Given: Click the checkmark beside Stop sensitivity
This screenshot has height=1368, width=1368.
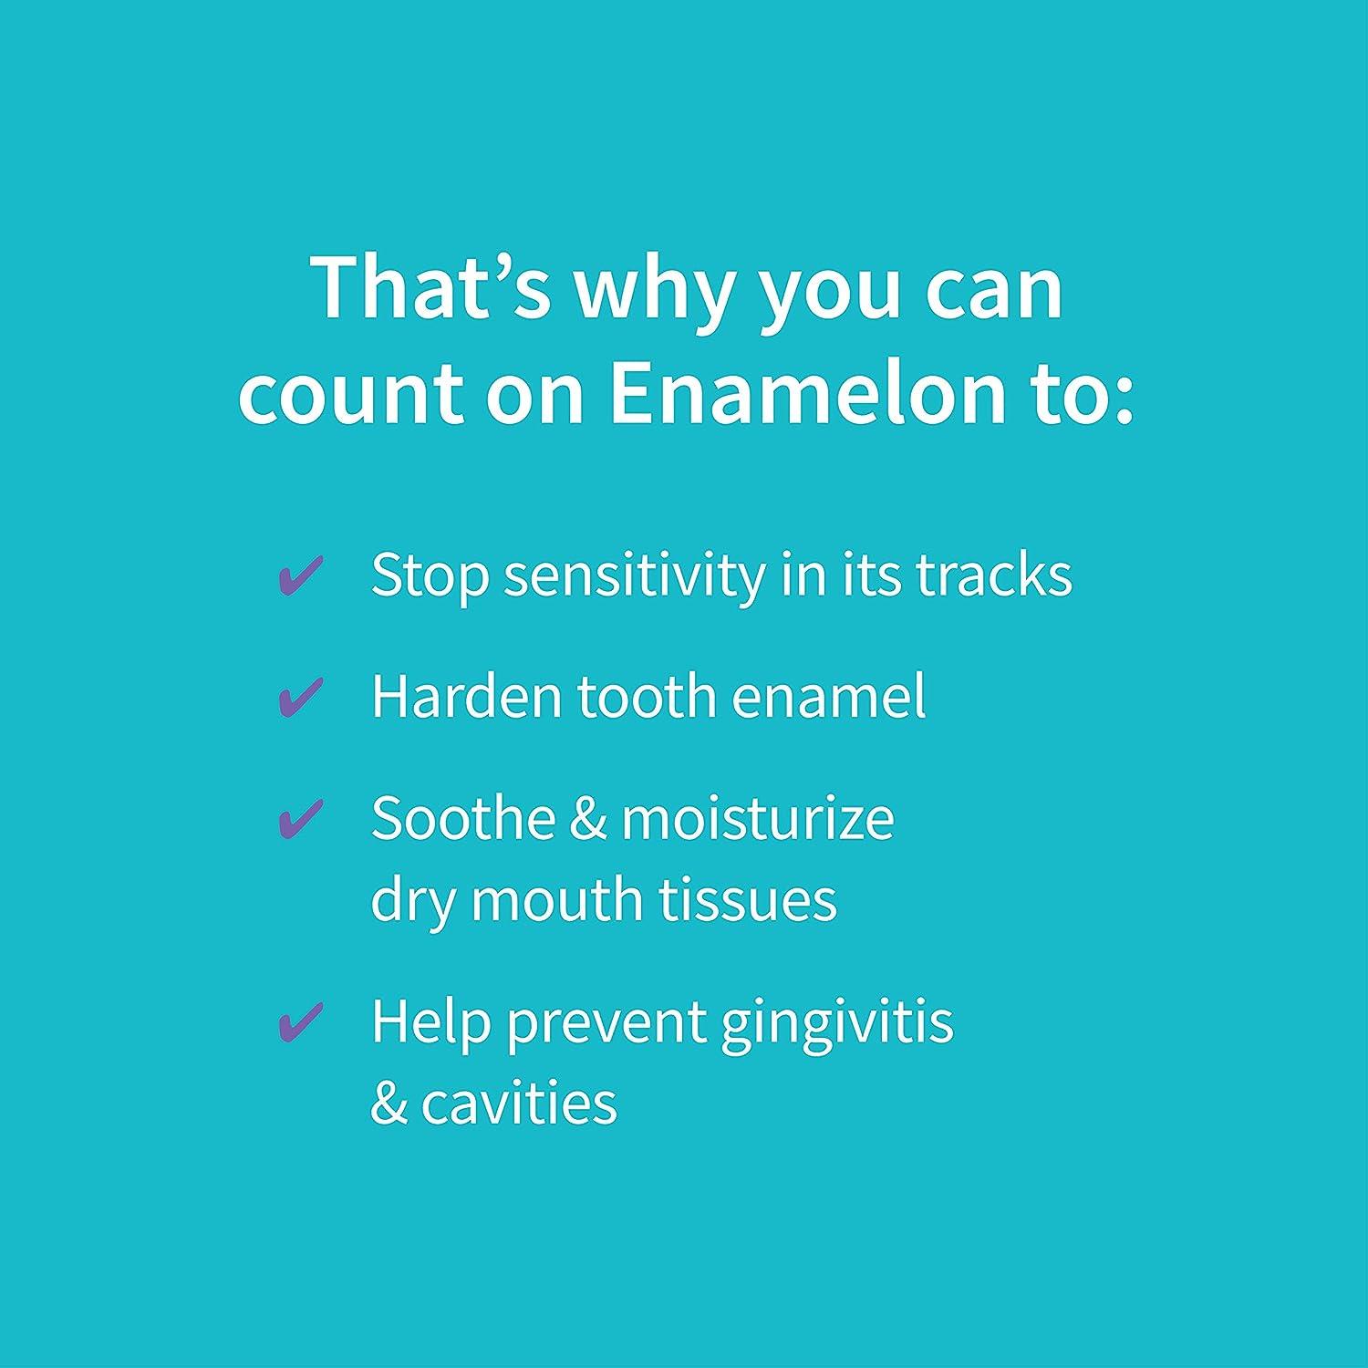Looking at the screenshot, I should coord(300,575).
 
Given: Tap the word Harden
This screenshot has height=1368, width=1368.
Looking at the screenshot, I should coord(466,697).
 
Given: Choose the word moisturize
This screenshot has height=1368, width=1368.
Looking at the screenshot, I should coord(757,818).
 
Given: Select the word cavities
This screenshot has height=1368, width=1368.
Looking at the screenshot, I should coord(519,1103).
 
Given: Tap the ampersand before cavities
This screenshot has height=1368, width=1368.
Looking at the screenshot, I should coord(389,1103).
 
